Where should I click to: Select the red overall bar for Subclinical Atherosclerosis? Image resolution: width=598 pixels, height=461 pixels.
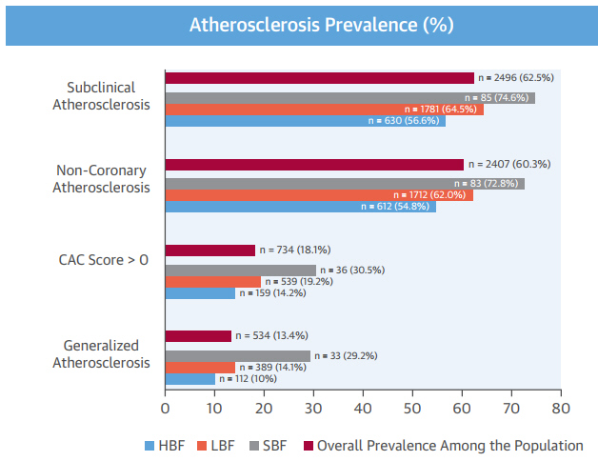tap(319, 78)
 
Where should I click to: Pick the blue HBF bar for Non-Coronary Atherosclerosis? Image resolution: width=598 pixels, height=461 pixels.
tap(300, 206)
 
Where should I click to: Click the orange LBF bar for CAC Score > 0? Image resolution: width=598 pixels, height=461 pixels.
tap(212, 282)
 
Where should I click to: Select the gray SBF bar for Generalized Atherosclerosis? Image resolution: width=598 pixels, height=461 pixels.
tap(238, 356)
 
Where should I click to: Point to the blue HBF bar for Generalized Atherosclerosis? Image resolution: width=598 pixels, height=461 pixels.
tap(189, 379)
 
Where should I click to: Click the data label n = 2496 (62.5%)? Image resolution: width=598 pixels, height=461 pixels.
tap(523, 78)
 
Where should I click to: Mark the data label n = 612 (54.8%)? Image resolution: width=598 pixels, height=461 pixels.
tap(396, 206)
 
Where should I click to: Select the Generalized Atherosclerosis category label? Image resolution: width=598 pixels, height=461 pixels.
tap(101, 353)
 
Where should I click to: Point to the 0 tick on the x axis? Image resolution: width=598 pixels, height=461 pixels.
tap(165, 409)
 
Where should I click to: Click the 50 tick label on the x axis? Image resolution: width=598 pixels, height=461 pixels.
tap(412, 409)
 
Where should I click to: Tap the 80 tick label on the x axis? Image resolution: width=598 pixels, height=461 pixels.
tap(560, 409)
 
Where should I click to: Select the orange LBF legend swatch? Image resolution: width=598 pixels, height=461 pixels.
tap(202, 445)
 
